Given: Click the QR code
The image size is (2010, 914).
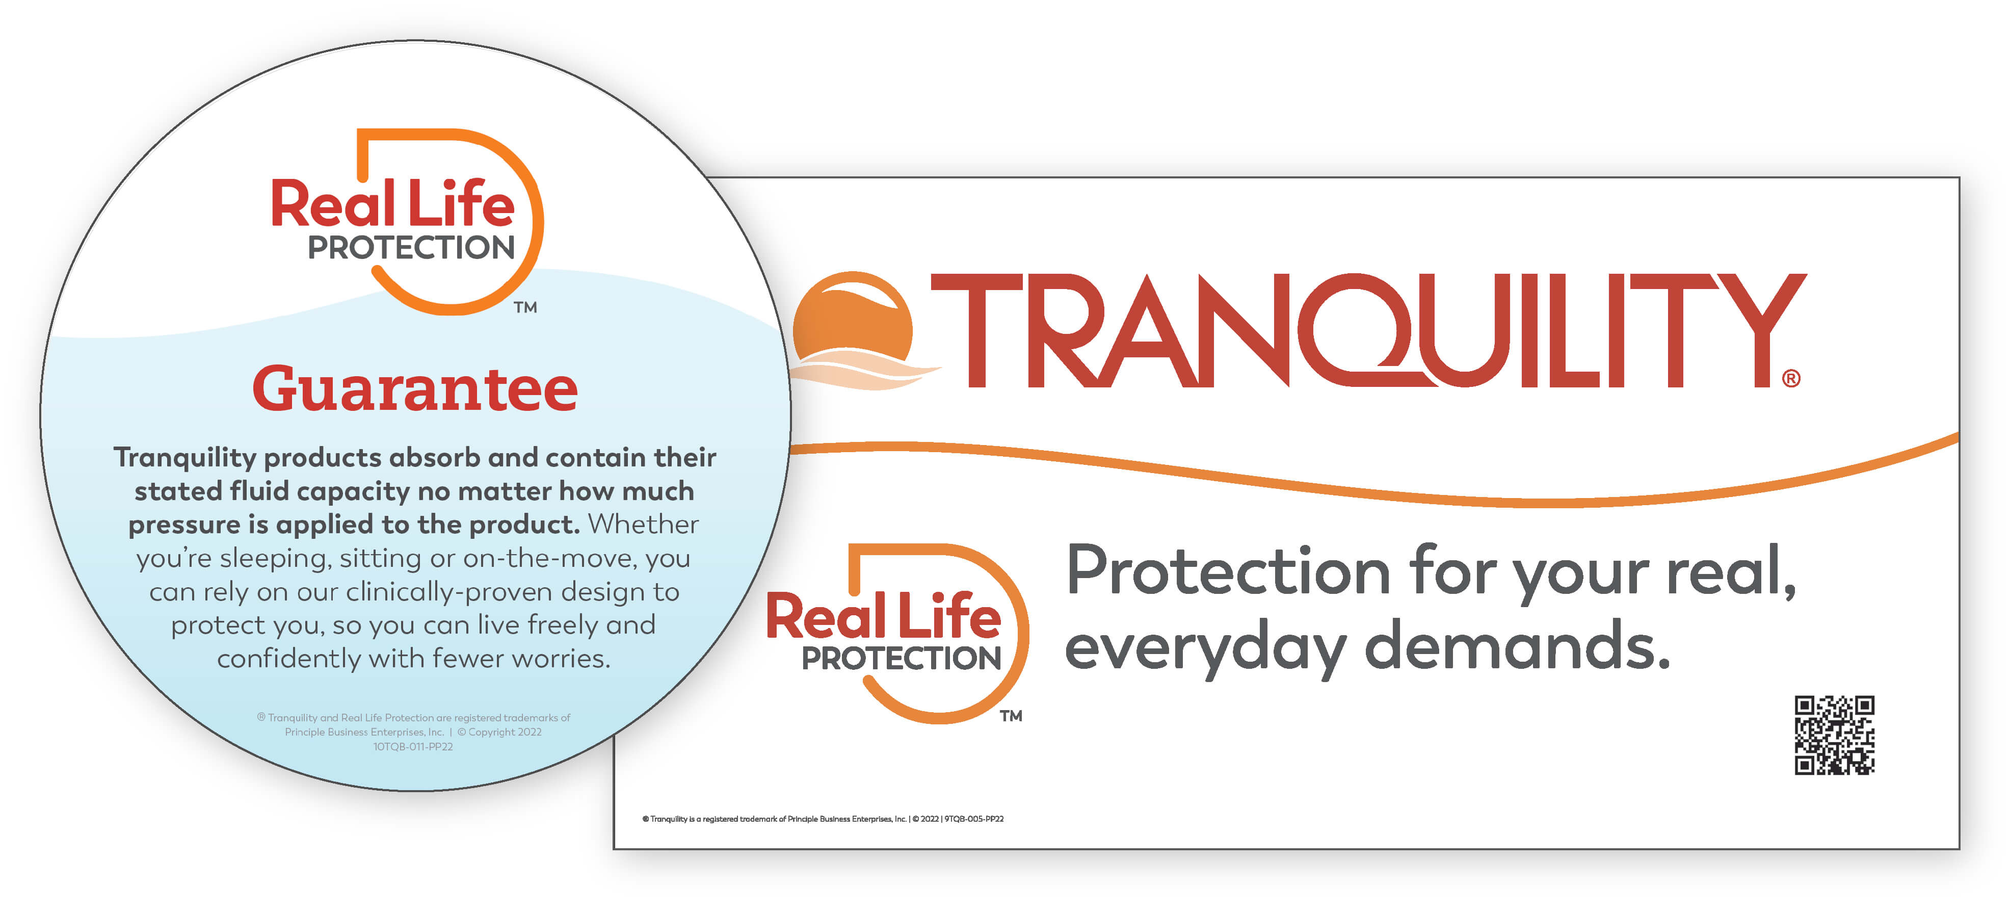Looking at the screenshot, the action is (1835, 735).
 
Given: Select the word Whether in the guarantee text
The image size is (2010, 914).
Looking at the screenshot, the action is (643, 524).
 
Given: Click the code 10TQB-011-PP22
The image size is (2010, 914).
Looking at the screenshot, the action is (413, 747).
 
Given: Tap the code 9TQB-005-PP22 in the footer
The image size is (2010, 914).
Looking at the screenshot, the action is (974, 819).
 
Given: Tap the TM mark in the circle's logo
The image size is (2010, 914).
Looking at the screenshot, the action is (525, 307).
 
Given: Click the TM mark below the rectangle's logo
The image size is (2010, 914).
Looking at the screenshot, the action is (1011, 716).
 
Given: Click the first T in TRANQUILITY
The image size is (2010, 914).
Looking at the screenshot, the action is (976, 329).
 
